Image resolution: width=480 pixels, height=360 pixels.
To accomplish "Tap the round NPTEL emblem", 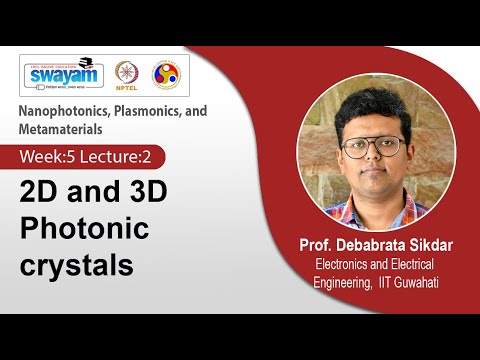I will [x=126, y=74].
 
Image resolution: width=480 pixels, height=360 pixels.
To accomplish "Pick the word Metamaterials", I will [x=59, y=129].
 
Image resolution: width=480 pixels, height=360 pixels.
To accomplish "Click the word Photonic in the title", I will [x=85, y=229].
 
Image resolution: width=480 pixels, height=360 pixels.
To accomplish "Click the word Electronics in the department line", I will [x=343, y=265].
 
